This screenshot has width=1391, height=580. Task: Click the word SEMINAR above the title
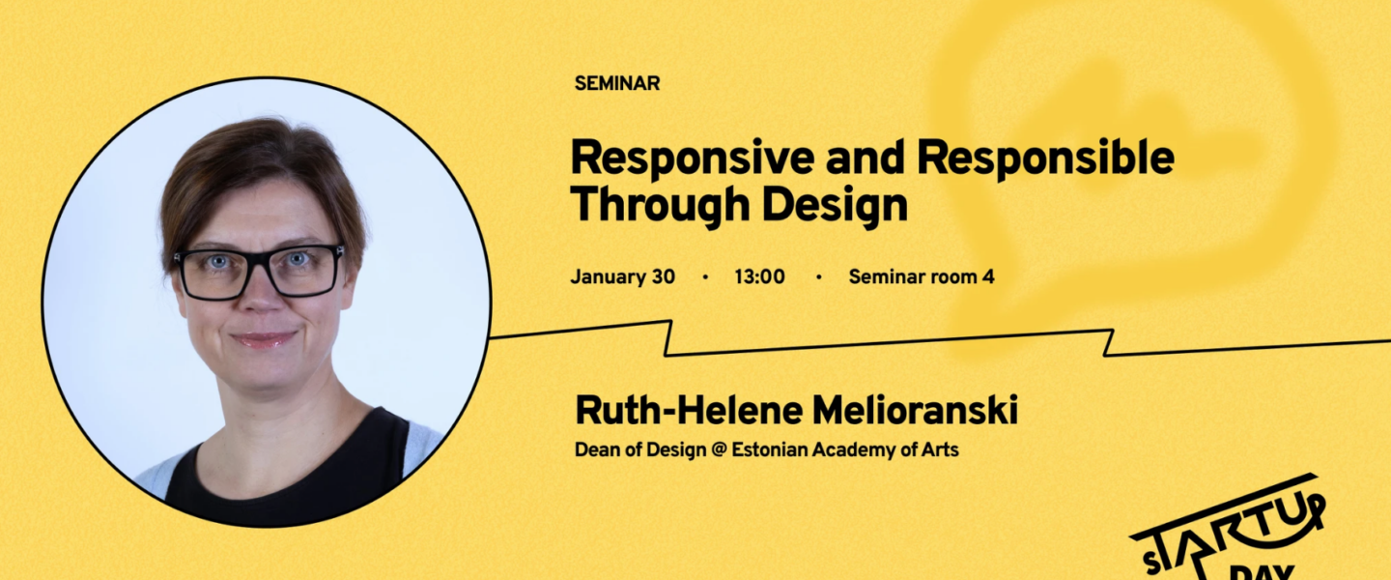coord(616,83)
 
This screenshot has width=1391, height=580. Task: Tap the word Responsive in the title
coord(693,159)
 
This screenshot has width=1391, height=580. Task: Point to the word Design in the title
coord(835,205)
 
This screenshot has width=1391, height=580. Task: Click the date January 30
coord(622,276)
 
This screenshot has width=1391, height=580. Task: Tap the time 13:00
coord(759,276)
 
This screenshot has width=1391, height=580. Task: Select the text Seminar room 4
coord(922,276)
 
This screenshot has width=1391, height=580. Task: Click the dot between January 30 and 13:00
coord(705,277)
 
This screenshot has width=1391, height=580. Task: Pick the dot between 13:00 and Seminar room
coord(818,277)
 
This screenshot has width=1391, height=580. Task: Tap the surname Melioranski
coord(916,410)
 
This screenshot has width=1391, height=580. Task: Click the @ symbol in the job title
coord(719,449)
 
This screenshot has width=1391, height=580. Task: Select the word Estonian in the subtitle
coord(769,449)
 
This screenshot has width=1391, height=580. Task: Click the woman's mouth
coord(264,339)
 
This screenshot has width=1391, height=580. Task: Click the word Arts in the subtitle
coord(940,449)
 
